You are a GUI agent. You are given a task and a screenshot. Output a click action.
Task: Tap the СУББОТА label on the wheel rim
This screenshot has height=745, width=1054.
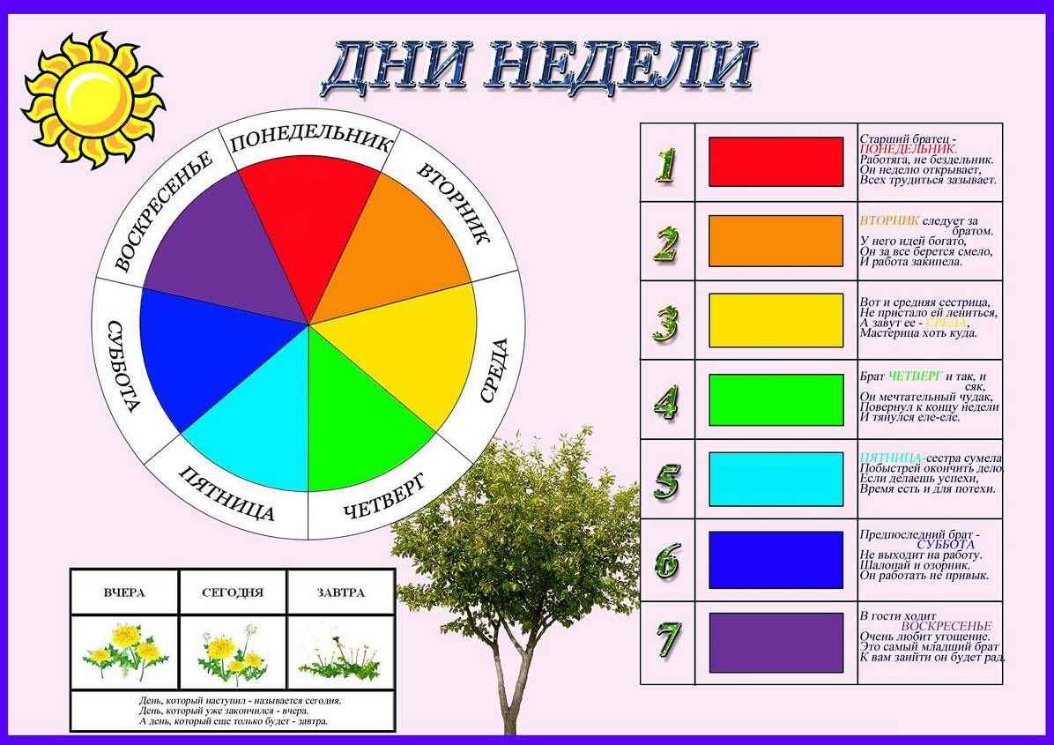click(121, 365)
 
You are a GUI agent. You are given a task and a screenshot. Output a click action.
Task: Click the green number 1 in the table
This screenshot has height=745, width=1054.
click(667, 164)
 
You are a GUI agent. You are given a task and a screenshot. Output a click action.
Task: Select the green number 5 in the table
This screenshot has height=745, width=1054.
click(667, 481)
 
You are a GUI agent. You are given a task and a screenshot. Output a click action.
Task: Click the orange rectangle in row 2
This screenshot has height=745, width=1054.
click(776, 241)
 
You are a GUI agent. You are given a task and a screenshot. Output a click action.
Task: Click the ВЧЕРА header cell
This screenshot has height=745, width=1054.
click(123, 592)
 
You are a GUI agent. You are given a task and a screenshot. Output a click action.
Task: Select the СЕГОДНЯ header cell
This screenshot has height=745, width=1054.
click(233, 592)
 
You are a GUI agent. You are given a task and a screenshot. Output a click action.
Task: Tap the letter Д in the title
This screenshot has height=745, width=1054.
click(360, 66)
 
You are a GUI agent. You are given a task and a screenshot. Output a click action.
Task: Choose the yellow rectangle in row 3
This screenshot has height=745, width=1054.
click(776, 320)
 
